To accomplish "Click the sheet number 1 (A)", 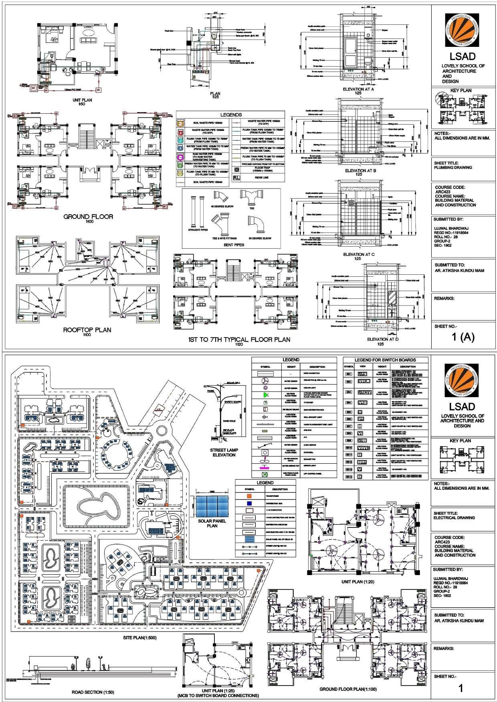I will pos(463,337).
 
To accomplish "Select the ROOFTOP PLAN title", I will pos(87,330).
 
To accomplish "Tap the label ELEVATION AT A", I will pos(359,89).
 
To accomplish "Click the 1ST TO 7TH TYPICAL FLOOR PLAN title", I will pos(239,340).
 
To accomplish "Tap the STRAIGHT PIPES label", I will pos(198,230).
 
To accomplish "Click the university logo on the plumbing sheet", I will pos(463,32).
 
